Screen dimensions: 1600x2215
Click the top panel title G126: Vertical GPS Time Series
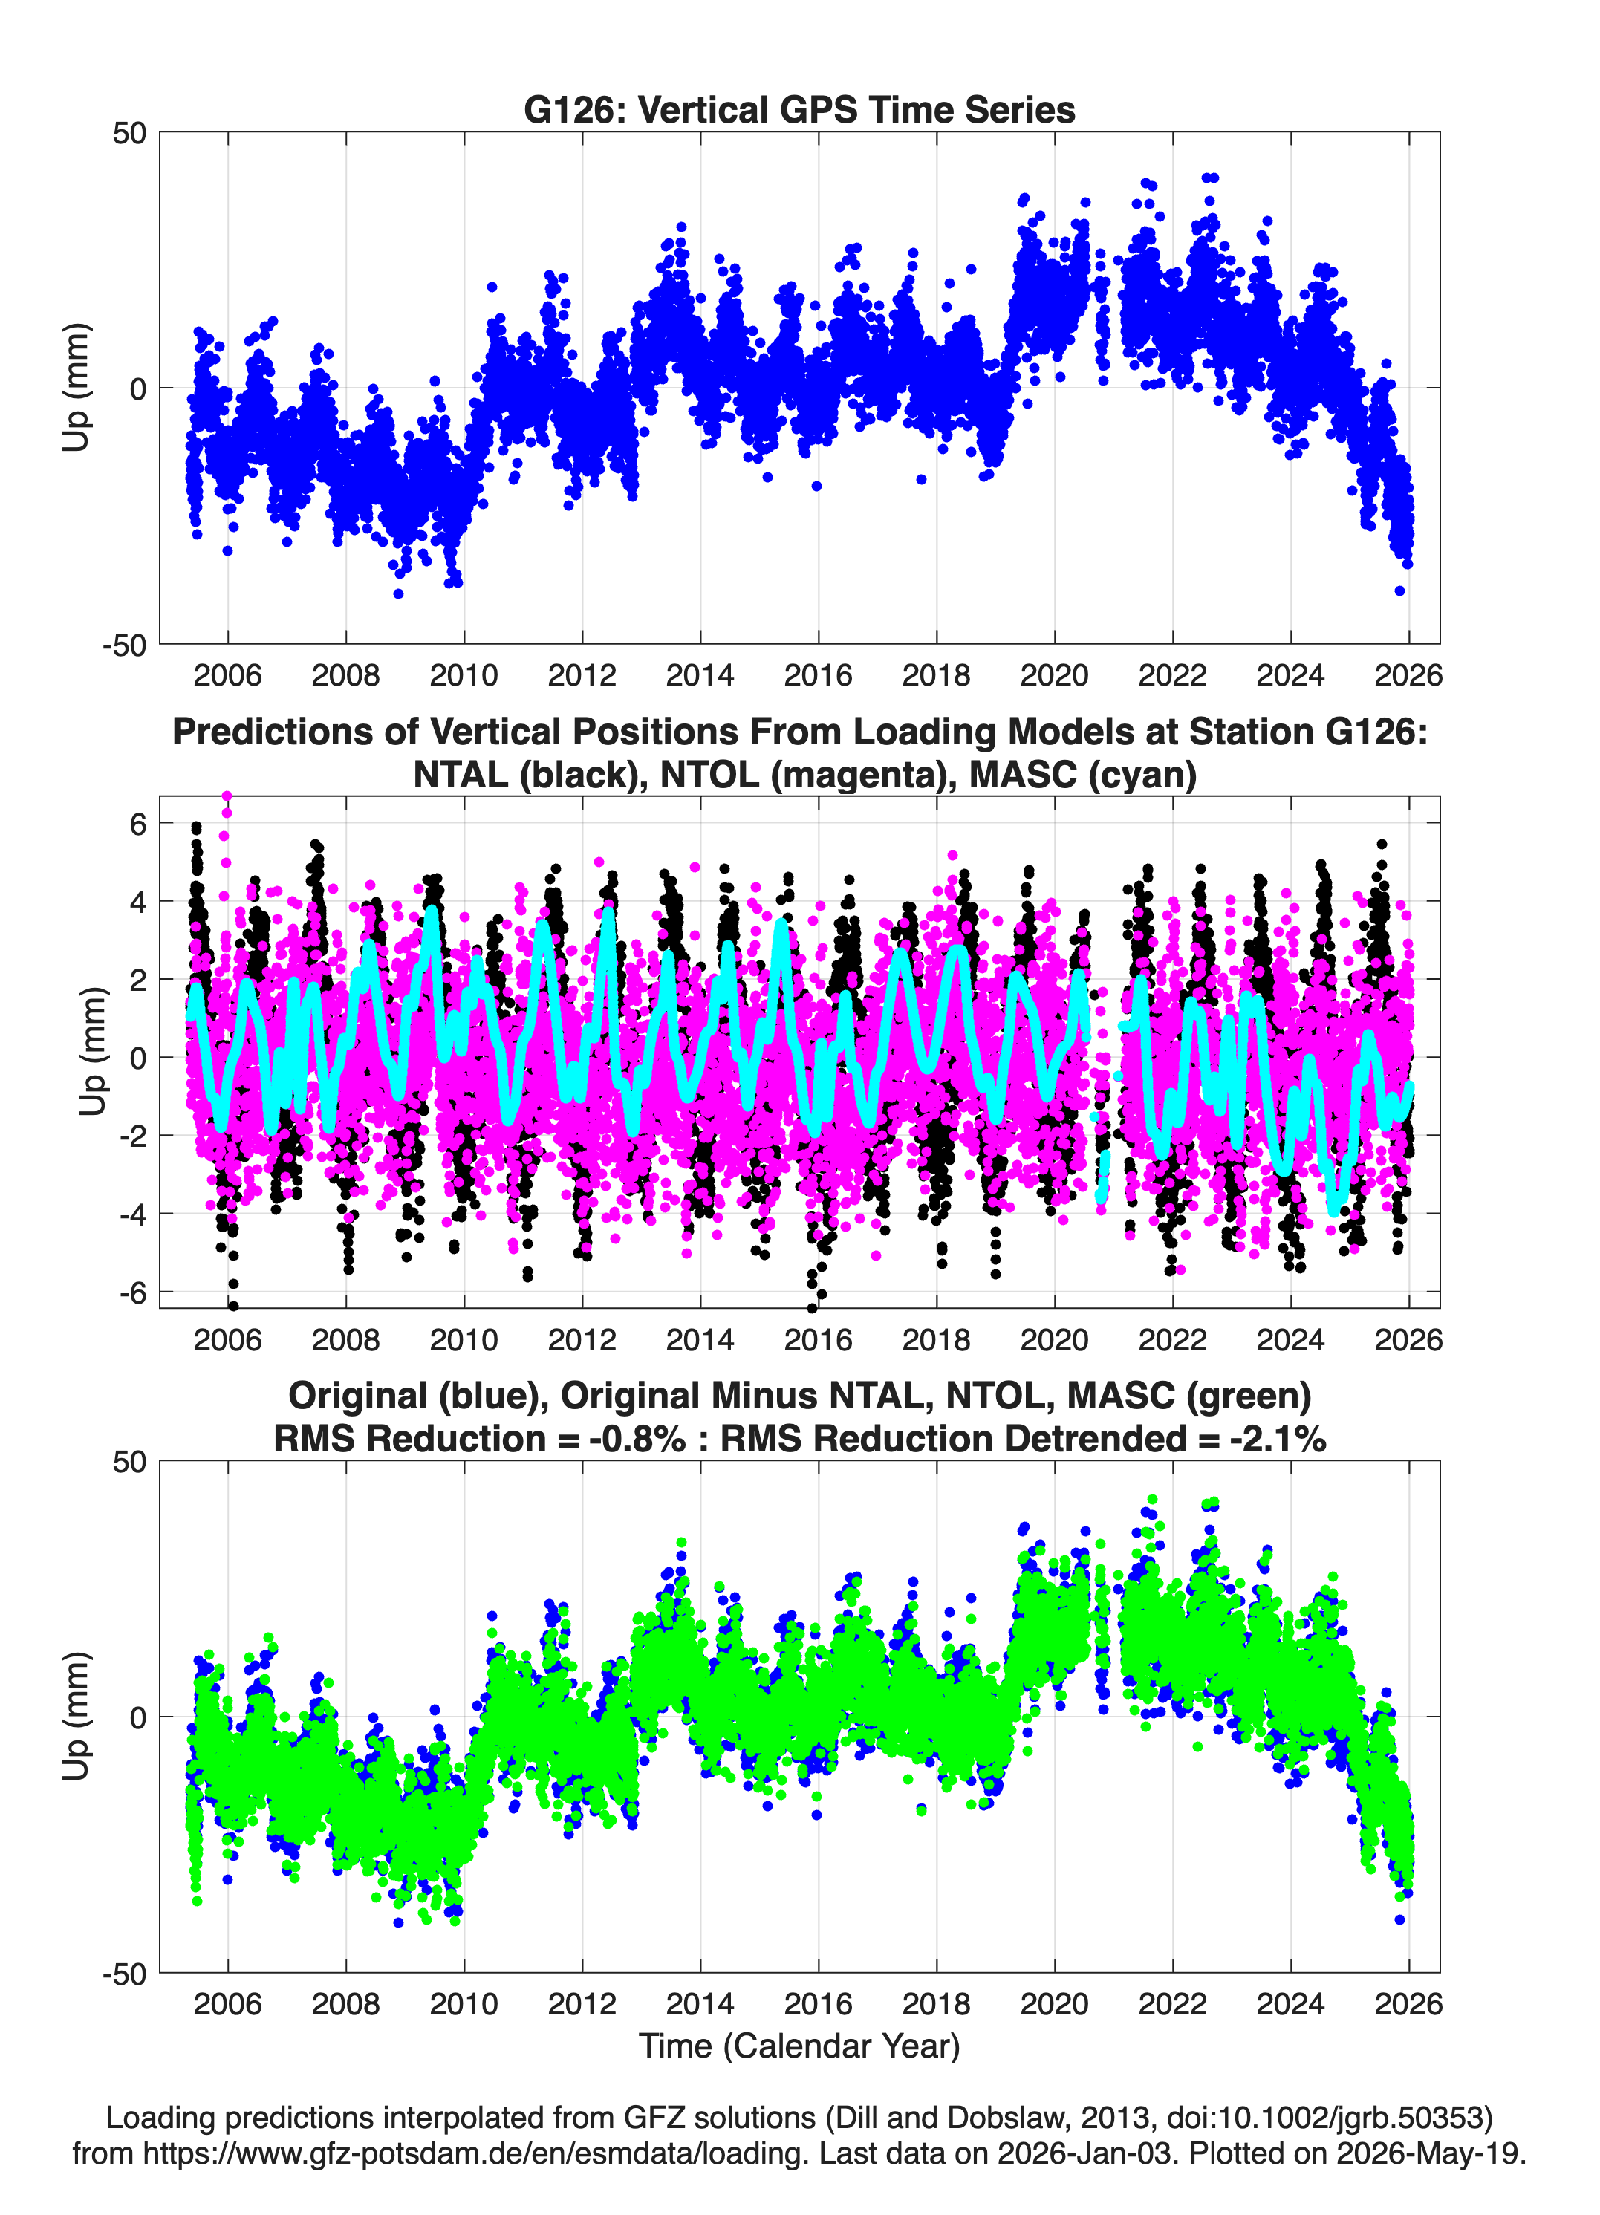[799, 109]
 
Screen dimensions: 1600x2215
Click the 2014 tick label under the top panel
[700, 675]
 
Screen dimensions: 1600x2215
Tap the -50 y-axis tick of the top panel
[124, 645]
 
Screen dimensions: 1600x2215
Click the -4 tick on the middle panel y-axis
[133, 1214]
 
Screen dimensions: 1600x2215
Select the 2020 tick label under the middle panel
[1055, 1340]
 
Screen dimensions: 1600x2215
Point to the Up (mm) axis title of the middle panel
[92, 1052]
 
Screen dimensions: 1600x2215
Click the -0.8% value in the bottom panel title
[637, 1439]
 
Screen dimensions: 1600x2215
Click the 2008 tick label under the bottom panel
[346, 2004]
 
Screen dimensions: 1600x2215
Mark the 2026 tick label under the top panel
[1408, 675]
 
